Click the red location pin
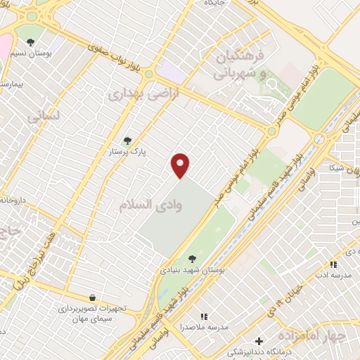coord(181,164)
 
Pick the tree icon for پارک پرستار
coord(127,141)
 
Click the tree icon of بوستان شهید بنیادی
coord(193,259)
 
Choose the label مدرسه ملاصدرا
coord(206,327)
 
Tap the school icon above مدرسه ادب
coord(333,264)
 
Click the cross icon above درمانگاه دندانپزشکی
coord(259,341)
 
